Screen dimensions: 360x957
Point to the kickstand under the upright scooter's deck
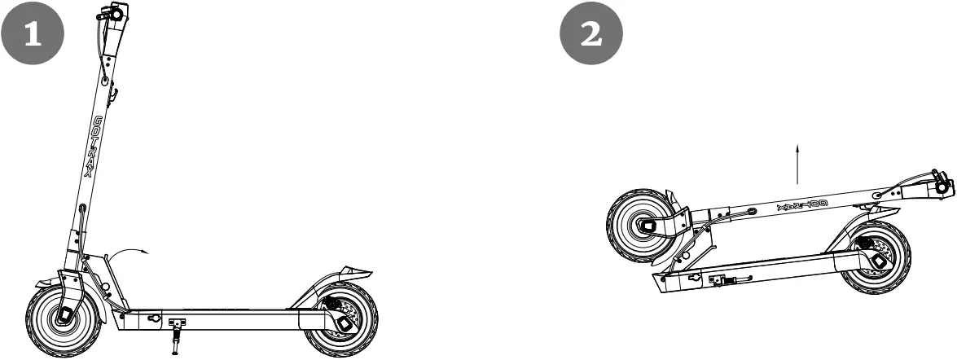click(x=176, y=338)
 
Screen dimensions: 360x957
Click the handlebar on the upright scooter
click(x=113, y=14)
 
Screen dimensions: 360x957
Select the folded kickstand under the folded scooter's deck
click(x=729, y=281)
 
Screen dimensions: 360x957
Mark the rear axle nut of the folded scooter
click(x=880, y=261)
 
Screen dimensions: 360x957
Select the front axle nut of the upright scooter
click(x=63, y=316)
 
